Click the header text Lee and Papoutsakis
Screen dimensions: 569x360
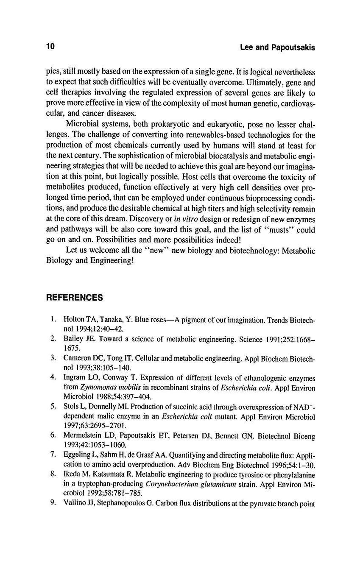(277, 47)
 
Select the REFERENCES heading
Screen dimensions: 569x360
(74, 298)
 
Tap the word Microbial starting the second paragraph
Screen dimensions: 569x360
(82, 125)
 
